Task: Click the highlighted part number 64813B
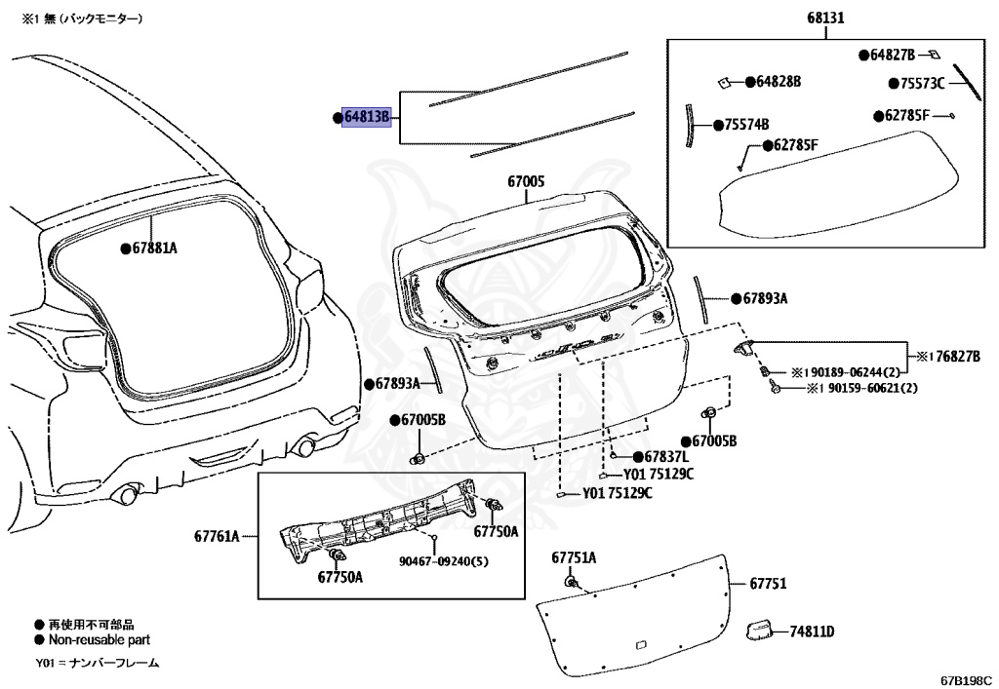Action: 366,118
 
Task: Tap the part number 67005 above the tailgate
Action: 526,181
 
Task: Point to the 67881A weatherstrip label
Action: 154,249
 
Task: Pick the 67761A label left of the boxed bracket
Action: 216,536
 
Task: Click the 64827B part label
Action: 893,56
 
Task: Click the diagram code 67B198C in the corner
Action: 966,677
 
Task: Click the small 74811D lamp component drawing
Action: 759,630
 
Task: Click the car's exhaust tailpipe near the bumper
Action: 126,494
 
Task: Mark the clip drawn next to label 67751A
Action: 569,582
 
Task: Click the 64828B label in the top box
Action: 778,82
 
